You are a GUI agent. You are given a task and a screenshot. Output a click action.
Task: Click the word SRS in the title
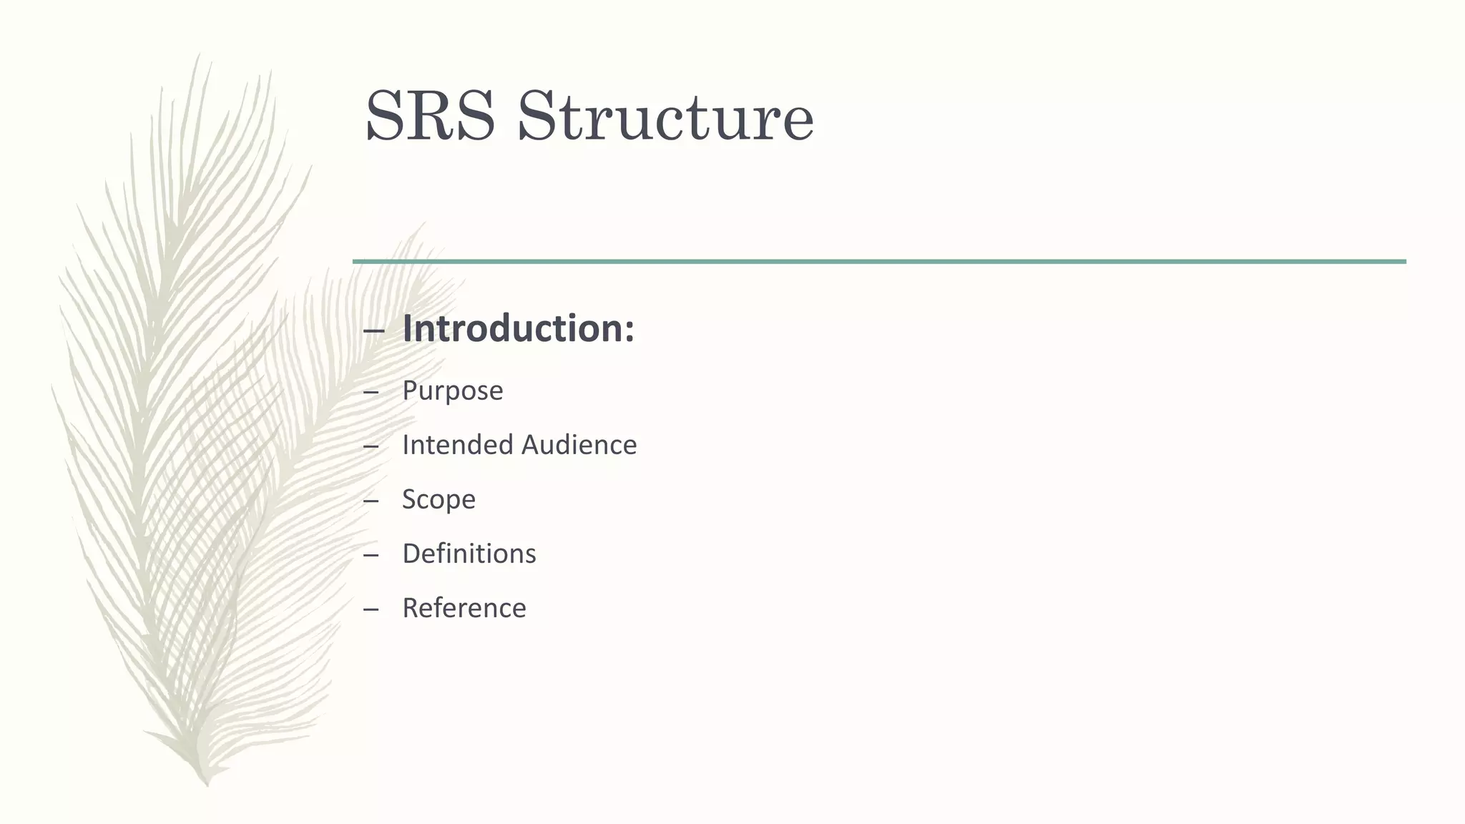[x=430, y=117]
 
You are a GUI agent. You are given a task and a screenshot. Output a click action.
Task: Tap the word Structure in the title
[x=665, y=117]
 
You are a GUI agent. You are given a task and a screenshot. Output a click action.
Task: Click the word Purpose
[x=452, y=391]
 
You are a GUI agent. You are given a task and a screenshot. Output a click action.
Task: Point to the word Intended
[x=457, y=445]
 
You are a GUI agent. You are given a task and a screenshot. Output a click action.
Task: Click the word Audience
[x=579, y=445]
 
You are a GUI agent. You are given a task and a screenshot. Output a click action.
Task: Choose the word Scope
[x=438, y=499]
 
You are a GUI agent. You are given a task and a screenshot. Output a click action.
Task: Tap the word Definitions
[x=469, y=554]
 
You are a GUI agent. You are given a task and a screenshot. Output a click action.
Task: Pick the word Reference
[x=464, y=608]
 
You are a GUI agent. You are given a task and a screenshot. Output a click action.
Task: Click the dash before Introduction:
[x=373, y=331]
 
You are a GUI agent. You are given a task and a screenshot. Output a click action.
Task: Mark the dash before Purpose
[x=371, y=393]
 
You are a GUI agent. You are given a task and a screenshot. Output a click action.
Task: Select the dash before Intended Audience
[x=371, y=447]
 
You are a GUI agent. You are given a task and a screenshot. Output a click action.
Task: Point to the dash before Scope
[x=371, y=501]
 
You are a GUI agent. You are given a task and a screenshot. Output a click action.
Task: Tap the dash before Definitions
[x=371, y=556]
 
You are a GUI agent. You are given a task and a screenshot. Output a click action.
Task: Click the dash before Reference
[x=371, y=610]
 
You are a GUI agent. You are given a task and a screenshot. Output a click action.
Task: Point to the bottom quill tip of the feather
[x=207, y=783]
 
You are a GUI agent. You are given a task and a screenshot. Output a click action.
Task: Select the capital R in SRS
[x=431, y=117]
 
